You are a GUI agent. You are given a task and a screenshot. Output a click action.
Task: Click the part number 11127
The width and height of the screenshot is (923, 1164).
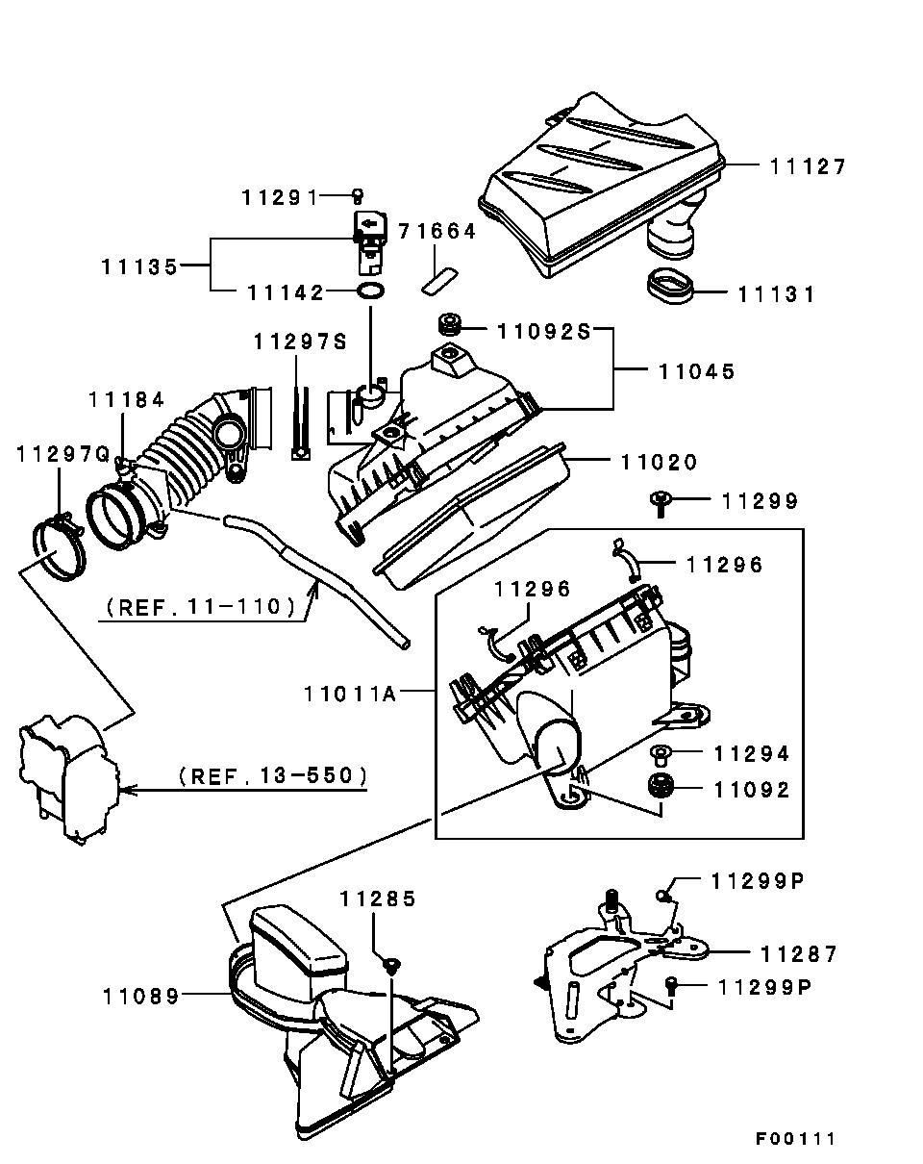click(x=808, y=166)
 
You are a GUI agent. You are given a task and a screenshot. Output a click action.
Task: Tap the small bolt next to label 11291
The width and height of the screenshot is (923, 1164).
click(x=358, y=196)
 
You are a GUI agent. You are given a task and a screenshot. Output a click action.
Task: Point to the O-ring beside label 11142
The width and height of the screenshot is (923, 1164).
click(x=370, y=291)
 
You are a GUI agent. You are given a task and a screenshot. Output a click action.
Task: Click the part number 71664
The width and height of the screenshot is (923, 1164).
click(x=437, y=232)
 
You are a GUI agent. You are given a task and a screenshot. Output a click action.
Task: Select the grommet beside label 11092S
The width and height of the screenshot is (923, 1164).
click(x=449, y=324)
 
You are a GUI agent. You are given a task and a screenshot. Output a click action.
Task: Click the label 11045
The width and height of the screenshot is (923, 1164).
click(x=697, y=371)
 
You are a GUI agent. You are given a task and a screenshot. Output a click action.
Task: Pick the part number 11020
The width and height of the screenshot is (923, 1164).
click(x=660, y=463)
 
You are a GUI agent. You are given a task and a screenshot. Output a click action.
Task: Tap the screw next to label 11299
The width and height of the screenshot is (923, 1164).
click(x=661, y=503)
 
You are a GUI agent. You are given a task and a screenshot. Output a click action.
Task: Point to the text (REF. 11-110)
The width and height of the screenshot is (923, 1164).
click(x=201, y=607)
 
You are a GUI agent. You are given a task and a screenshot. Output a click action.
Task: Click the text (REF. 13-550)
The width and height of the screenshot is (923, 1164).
click(x=273, y=775)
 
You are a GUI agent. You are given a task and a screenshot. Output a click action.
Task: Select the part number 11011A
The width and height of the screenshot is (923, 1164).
click(x=350, y=694)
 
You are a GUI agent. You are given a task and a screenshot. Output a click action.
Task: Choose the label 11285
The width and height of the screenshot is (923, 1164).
click(x=378, y=898)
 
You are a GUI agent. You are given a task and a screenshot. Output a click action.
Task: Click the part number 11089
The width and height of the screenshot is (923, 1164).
click(x=140, y=997)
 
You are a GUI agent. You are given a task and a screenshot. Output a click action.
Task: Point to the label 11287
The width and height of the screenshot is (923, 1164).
click(x=799, y=954)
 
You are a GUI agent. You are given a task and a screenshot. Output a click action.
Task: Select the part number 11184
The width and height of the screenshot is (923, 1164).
click(x=126, y=400)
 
